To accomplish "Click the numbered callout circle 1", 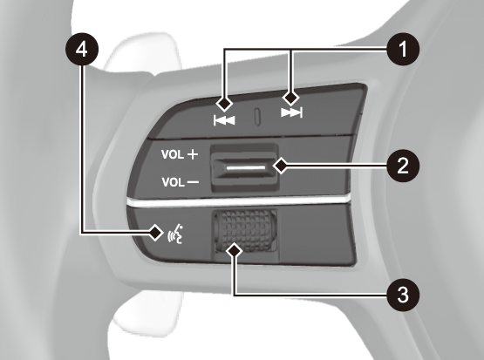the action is (403, 50).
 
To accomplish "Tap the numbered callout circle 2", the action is (403, 166).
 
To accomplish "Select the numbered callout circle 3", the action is (403, 295).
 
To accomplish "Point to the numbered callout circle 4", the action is (82, 50).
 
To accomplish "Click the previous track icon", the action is (224, 120).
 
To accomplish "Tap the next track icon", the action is (291, 112).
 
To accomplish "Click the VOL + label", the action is (180, 154).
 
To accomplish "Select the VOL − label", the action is (181, 182).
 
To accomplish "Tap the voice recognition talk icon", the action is (175, 235).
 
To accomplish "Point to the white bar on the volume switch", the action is (246, 168).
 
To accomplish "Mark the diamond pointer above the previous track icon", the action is (224, 104).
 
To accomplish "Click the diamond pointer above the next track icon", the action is (291, 98).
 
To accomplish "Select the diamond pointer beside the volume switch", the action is (281, 166).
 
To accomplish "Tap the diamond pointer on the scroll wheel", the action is (234, 250).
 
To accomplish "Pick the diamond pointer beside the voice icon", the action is (156, 233).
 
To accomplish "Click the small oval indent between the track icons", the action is (257, 117).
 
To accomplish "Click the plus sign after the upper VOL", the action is (193, 154).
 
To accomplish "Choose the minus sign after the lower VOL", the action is (194, 182).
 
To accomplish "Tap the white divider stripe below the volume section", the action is (238, 201).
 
